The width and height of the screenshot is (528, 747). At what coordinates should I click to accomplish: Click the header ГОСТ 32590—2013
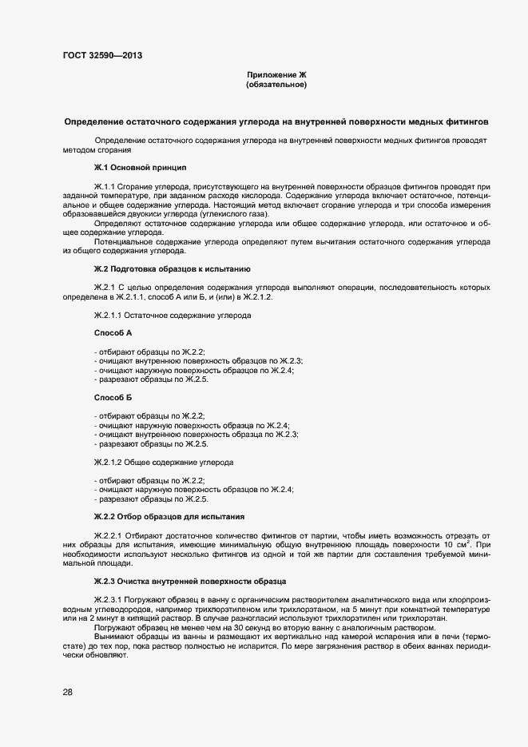pos(104,56)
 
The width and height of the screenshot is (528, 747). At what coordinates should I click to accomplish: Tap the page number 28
pos(68,693)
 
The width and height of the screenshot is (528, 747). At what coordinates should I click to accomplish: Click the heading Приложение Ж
pos(276,74)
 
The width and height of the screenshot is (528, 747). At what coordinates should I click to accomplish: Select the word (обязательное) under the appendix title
pos(276,84)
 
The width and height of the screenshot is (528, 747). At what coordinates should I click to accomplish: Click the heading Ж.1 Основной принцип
pos(140,168)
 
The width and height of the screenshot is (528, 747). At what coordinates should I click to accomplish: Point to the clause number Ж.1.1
pos(106,186)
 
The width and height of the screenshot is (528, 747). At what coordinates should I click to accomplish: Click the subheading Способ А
pos(113,332)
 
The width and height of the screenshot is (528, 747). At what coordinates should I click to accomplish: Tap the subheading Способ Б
pos(113,397)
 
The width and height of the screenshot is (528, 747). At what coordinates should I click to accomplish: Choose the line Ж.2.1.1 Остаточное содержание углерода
pos(173,316)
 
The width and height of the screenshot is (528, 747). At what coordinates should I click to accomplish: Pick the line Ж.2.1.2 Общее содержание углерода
pos(164,462)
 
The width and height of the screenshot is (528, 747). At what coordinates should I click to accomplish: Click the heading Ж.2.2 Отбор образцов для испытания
pos(169,517)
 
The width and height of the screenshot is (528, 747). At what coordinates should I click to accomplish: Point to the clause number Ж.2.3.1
pos(109,598)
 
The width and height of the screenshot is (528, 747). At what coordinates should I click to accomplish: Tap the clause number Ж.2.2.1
pos(109,534)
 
